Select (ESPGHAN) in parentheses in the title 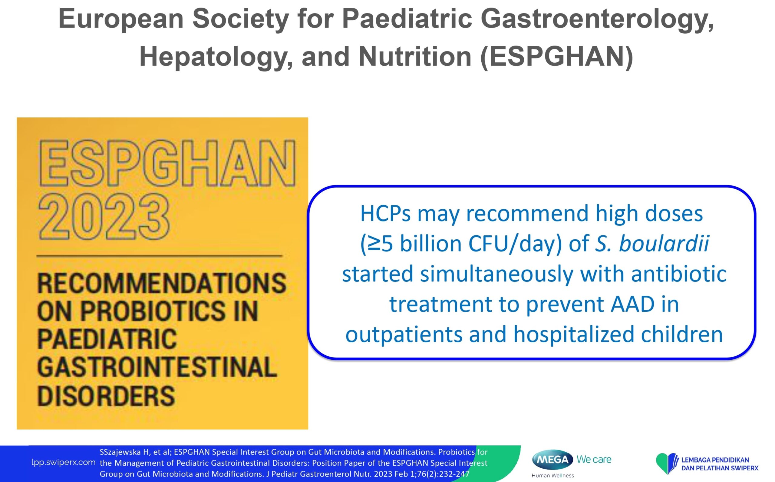pos(556,57)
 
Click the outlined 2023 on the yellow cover pos(104,217)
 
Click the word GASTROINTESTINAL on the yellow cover pos(157,367)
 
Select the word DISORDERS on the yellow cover pos(106,396)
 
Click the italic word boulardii pos(664,244)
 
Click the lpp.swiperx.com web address pos(63,463)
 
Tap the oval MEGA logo pos(553,460)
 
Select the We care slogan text pos(594,459)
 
